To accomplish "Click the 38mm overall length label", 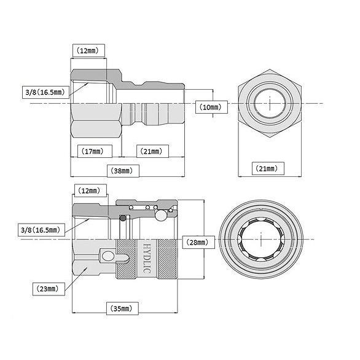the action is [123, 171].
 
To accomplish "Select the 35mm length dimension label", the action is [122, 308].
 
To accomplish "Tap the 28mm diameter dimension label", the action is [198, 242].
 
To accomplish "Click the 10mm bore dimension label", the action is [211, 107].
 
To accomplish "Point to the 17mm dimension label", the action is [95, 151].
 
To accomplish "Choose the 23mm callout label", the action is [49, 289].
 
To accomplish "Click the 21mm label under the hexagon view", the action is [268, 168].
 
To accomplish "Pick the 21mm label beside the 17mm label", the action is [153, 151].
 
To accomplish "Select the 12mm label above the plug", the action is [88, 50].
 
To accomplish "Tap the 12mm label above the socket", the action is [90, 190].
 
